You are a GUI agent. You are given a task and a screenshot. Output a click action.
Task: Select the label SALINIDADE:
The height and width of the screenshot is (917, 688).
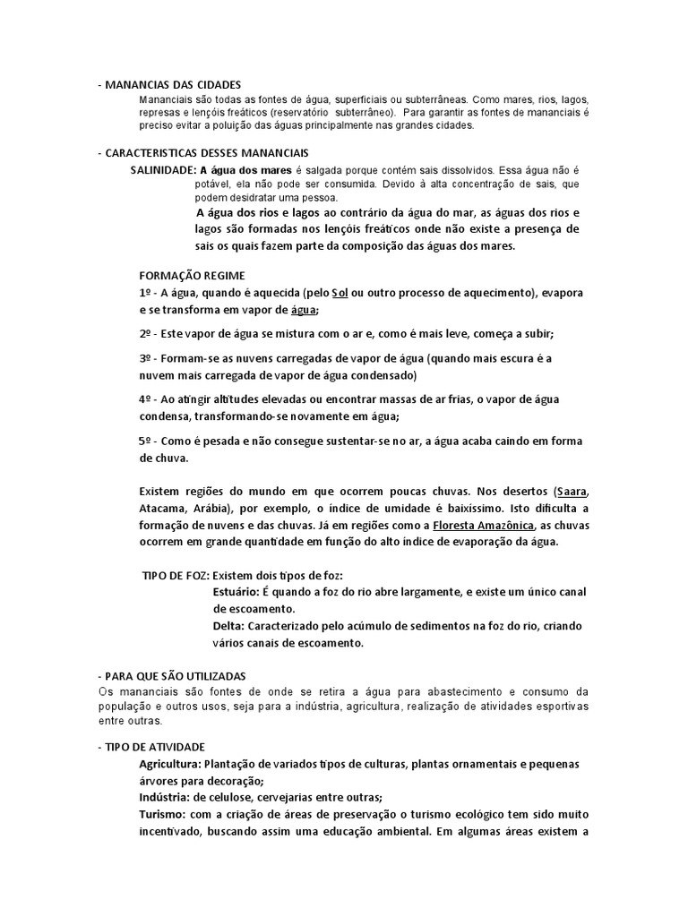[163, 169]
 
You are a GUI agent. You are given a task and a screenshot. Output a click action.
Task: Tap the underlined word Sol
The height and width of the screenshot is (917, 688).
[339, 293]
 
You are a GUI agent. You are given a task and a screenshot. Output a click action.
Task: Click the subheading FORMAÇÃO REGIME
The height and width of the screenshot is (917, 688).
[193, 275]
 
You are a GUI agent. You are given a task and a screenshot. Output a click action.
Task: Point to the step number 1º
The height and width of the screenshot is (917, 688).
[146, 293]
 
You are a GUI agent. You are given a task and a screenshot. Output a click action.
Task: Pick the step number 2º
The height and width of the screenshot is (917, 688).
[146, 334]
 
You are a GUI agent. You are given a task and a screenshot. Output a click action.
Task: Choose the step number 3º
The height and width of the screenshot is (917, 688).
[146, 358]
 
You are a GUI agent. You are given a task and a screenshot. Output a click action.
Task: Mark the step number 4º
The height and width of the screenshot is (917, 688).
[146, 399]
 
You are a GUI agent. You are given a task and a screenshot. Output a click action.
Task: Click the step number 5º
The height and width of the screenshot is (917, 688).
[146, 440]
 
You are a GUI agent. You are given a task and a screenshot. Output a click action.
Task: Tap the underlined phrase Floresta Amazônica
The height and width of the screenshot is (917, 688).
[485, 525]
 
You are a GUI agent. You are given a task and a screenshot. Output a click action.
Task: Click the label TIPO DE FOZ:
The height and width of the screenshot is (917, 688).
[176, 575]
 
